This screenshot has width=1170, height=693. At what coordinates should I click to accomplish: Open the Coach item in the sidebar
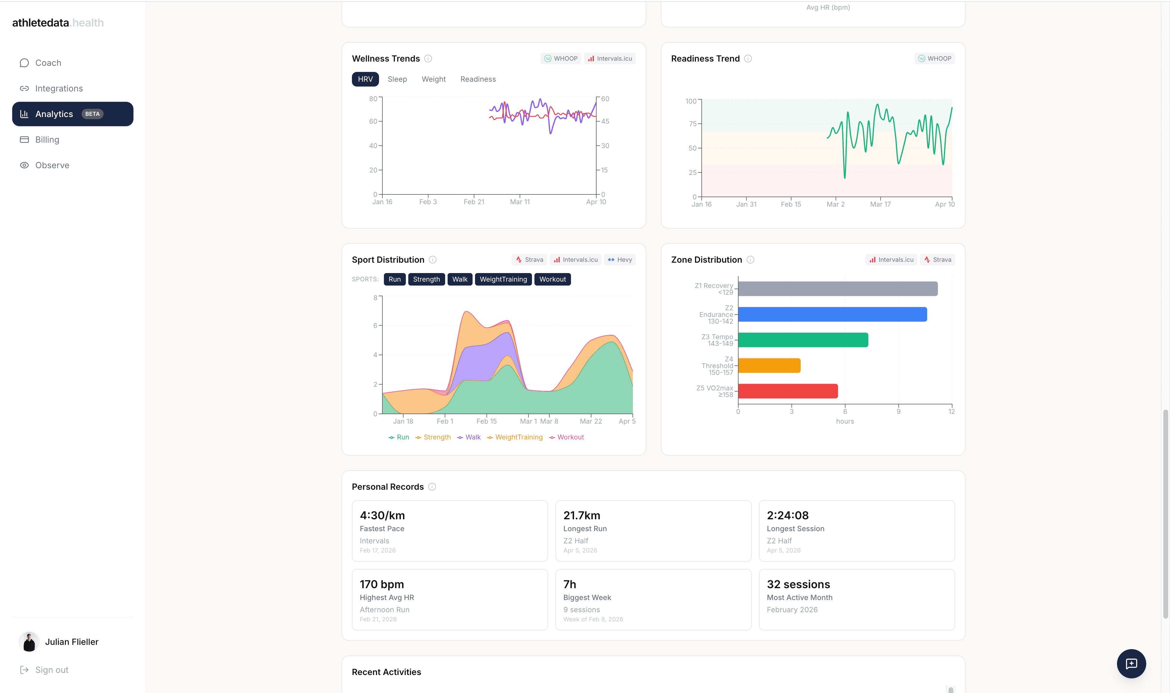pos(48,62)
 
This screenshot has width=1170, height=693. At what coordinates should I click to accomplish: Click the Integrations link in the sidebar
pos(59,88)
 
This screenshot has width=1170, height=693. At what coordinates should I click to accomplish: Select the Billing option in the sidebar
pos(47,140)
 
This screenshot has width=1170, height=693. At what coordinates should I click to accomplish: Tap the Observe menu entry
pos(52,165)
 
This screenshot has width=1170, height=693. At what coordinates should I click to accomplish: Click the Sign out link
pos(51,670)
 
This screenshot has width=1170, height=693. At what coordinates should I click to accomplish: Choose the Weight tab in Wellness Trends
pos(433,79)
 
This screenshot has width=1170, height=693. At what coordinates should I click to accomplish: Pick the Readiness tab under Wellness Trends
pos(478,79)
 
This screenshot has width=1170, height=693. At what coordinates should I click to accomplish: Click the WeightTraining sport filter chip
pos(503,279)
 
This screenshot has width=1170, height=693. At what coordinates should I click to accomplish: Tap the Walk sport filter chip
pos(459,279)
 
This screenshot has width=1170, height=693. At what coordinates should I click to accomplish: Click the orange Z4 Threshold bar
pos(769,366)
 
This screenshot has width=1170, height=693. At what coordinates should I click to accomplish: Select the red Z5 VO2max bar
pos(788,391)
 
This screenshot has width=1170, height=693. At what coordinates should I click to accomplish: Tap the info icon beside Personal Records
pos(432,487)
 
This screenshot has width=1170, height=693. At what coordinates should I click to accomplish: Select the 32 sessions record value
pos(798,584)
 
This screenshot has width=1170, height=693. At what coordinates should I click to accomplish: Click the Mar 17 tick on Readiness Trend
pos(880,204)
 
